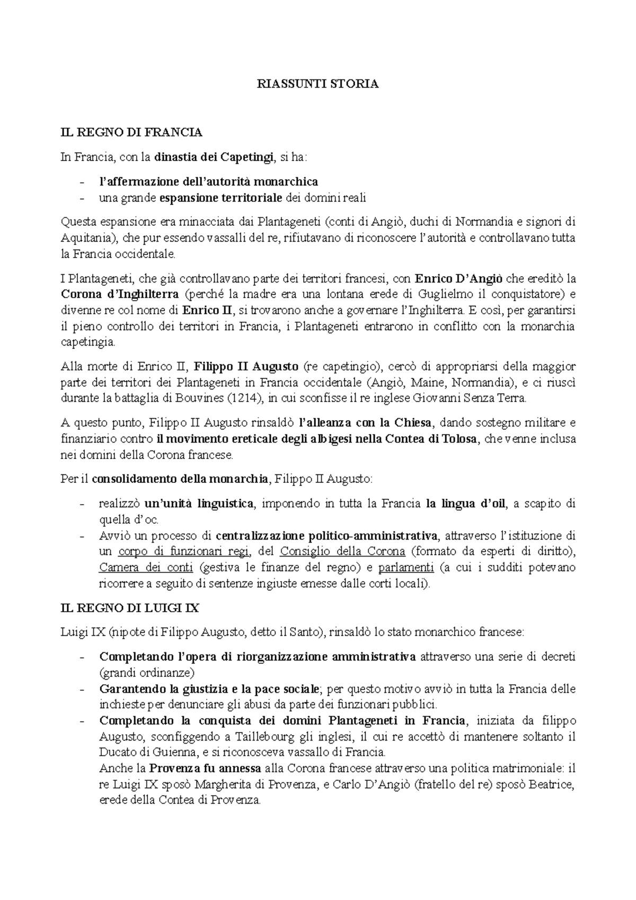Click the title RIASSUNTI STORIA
click(x=318, y=84)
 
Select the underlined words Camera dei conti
click(x=146, y=568)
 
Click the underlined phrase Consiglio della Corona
click(x=342, y=551)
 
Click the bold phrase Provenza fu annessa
click(x=205, y=769)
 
